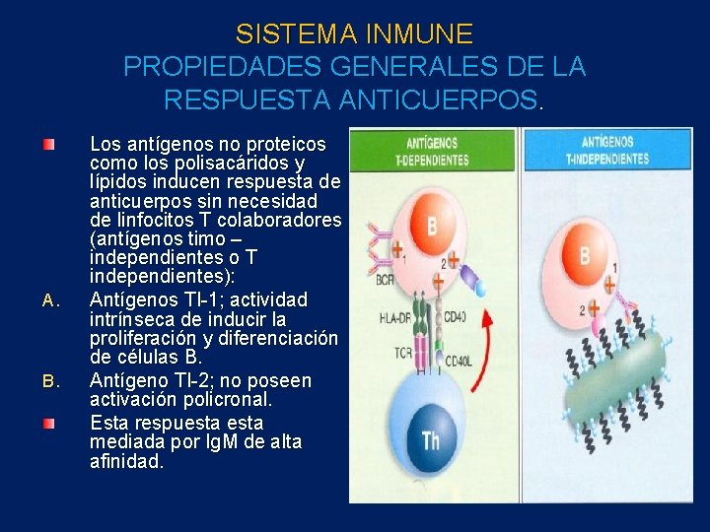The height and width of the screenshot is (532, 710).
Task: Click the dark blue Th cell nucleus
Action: [x=431, y=439]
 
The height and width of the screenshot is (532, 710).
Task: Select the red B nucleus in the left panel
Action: [x=431, y=228]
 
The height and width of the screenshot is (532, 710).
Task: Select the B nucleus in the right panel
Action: [x=586, y=257]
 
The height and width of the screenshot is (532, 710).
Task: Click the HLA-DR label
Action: [x=392, y=317]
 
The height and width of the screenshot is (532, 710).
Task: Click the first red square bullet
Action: [x=48, y=145]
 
